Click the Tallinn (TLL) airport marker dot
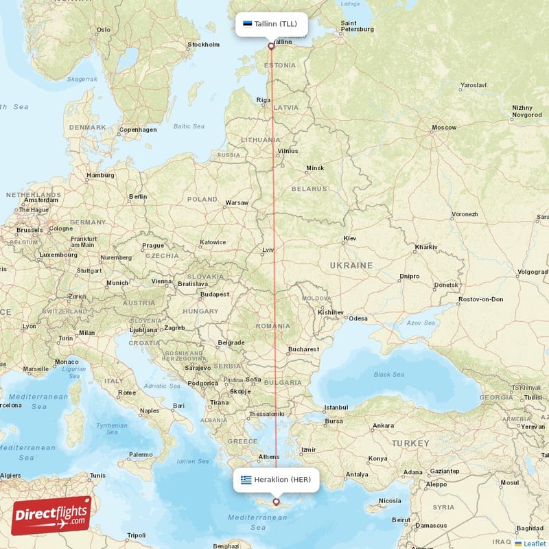pos(271,47)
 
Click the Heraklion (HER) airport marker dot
pos(277,502)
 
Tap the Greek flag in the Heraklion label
pos(246,480)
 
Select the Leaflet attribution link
pos(534,544)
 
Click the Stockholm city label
pos(204,45)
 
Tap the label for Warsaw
pos(237,202)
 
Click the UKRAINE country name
pos(351,266)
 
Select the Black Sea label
pos(389,374)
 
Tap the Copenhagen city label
pos(138,129)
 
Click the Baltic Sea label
pos(189,126)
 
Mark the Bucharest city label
pos(304,349)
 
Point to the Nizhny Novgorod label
pos(527,111)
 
